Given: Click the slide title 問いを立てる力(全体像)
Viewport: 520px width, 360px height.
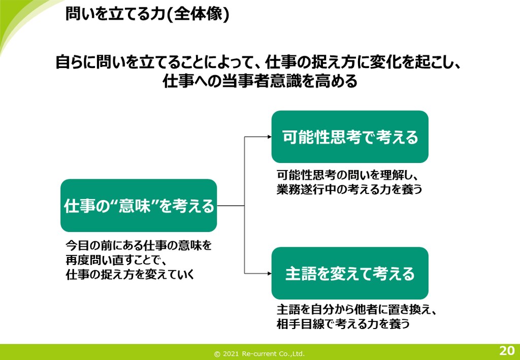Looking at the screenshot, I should (x=147, y=14).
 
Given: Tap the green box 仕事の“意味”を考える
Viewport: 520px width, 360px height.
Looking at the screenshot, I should (x=139, y=206).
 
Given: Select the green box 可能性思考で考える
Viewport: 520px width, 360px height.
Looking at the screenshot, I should (x=350, y=137).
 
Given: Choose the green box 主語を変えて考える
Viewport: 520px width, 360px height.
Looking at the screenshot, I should (x=350, y=274).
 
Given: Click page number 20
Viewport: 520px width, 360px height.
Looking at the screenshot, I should (x=506, y=350).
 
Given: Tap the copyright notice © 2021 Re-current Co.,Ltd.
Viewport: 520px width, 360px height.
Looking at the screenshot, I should (x=259, y=353).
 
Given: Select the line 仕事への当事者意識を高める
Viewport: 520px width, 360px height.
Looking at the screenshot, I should (x=260, y=81).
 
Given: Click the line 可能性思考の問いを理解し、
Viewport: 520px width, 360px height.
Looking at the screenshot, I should (x=347, y=175).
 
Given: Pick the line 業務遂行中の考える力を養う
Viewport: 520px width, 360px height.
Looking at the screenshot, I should (x=349, y=189).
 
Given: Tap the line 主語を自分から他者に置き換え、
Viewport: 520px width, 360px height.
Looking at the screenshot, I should (x=357, y=309).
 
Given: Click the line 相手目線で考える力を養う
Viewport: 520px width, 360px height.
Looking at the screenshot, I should (x=343, y=323).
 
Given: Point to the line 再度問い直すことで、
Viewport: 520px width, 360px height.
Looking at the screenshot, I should (x=116, y=260).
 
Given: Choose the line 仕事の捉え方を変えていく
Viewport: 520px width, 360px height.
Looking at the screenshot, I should (x=131, y=275).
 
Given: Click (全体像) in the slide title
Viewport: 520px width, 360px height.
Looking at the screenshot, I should (x=199, y=14).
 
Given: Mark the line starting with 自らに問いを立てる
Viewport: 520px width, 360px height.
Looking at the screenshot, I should (x=258, y=64).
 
